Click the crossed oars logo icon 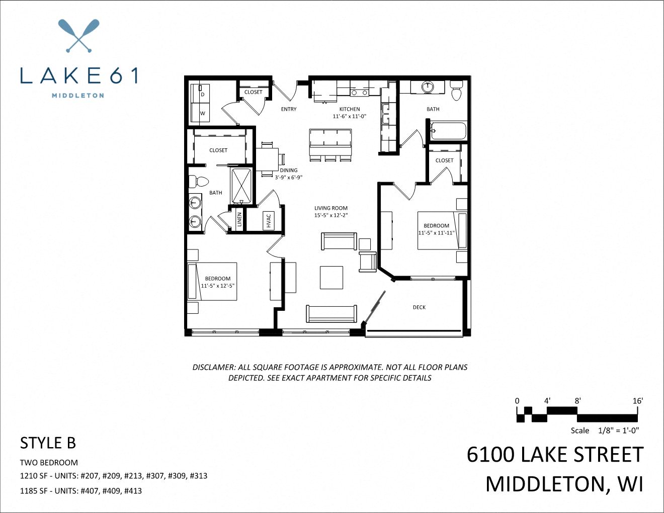78,36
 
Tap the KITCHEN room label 349,109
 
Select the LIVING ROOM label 331,208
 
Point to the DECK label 419,307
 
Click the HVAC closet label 269,220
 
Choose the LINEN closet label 239,219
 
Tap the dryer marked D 203,94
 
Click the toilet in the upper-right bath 457,92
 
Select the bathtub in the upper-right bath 449,131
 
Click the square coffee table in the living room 331,277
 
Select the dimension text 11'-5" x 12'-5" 218,286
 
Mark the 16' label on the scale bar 638,401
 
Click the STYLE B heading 48,443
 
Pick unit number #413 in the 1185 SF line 133,490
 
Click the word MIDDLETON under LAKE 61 78,95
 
